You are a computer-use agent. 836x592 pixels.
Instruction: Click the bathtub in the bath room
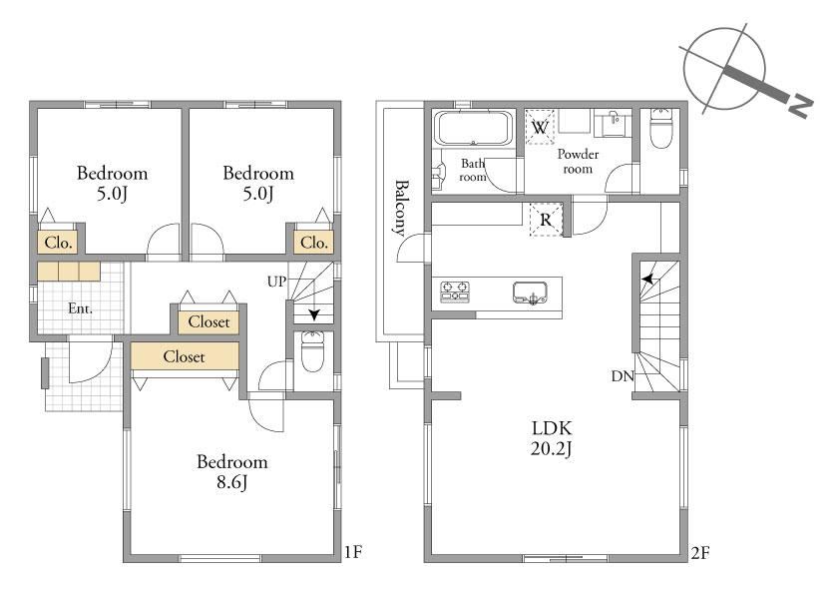coord(474,128)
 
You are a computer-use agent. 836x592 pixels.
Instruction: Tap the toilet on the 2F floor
coord(660,129)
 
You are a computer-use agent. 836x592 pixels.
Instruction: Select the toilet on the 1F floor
coord(312,351)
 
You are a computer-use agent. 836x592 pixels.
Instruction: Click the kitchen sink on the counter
coord(531,293)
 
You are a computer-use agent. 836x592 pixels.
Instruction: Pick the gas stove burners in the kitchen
coord(455,292)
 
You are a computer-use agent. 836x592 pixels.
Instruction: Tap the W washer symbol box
coord(540,127)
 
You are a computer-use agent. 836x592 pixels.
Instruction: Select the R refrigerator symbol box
coord(546,220)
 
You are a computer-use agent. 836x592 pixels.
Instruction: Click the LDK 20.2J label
coord(552,438)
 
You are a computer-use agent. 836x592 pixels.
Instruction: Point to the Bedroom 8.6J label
coord(231,471)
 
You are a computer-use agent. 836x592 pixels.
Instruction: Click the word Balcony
coord(401,208)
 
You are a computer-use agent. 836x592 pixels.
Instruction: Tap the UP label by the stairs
coord(276,282)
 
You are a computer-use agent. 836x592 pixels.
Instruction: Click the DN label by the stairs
coord(623,376)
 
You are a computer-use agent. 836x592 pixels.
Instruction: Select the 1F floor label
coord(353,552)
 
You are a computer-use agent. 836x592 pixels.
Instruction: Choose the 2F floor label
coord(700,553)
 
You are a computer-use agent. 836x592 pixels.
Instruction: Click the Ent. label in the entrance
coord(81,308)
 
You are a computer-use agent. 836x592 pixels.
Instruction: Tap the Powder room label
coord(578,161)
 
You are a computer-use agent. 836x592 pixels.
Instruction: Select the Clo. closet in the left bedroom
coord(58,243)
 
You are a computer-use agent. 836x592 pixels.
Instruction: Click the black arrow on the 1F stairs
coord(314,315)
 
